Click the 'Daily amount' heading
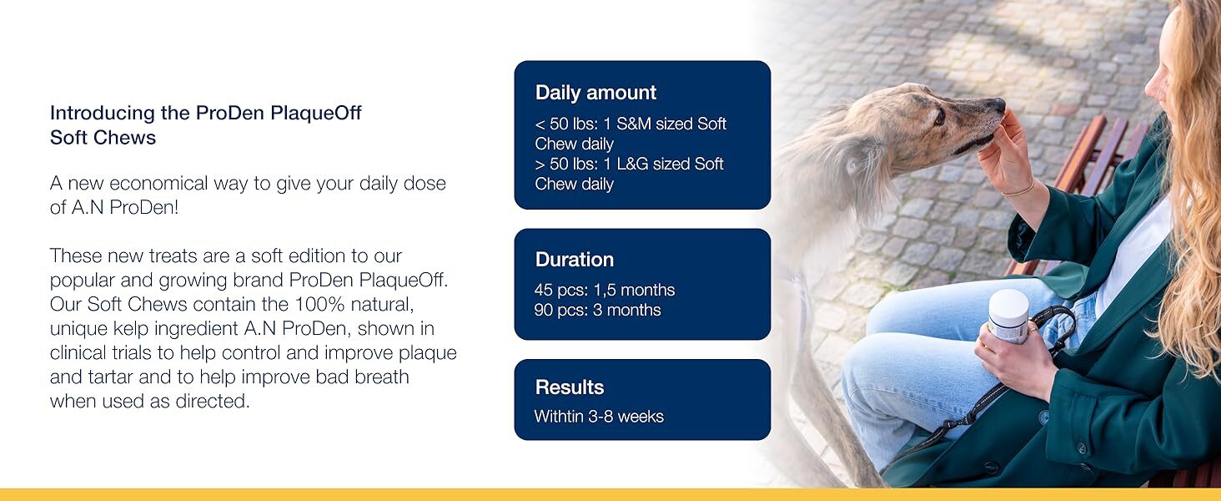point(595,93)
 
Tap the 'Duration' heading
point(574,259)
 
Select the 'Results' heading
point(569,387)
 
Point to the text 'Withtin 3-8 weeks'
point(599,417)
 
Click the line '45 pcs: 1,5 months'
point(605,290)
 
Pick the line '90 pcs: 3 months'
point(597,310)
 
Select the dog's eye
point(938,118)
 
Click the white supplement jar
point(1008,316)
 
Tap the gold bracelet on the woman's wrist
point(1017,190)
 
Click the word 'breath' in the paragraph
point(382,377)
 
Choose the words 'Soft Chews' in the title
point(103,138)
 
